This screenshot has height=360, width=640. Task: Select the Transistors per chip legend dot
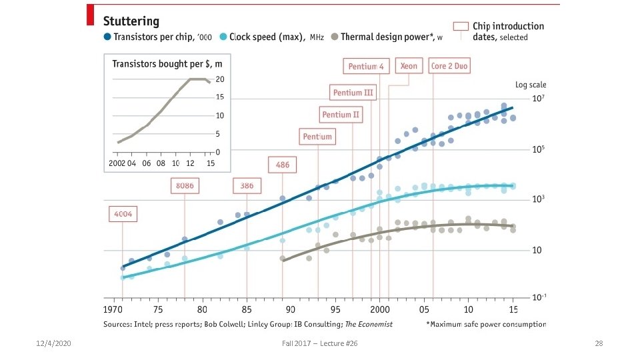(x=108, y=37)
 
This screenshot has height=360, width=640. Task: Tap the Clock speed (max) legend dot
(x=223, y=37)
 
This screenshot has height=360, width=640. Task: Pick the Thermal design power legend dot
(x=335, y=37)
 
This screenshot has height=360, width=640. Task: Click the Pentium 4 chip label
(x=366, y=67)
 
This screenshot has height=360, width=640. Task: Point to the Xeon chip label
(x=409, y=67)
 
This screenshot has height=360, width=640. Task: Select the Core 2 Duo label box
(x=449, y=67)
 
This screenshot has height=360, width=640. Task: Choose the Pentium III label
(x=353, y=93)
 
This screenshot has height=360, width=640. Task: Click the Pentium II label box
(x=341, y=115)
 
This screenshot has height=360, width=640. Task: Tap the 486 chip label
(x=283, y=164)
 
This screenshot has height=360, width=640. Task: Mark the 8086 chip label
(x=185, y=185)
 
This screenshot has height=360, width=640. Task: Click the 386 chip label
(x=247, y=185)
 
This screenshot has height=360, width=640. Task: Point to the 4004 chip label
(x=123, y=214)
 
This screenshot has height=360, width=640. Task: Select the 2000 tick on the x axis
(x=379, y=310)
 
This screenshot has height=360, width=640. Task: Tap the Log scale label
(x=531, y=85)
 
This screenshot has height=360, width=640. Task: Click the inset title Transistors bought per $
(x=167, y=64)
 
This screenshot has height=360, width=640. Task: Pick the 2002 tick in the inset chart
(x=117, y=163)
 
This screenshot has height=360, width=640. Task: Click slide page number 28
(x=598, y=343)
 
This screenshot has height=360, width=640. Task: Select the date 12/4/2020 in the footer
(x=53, y=343)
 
